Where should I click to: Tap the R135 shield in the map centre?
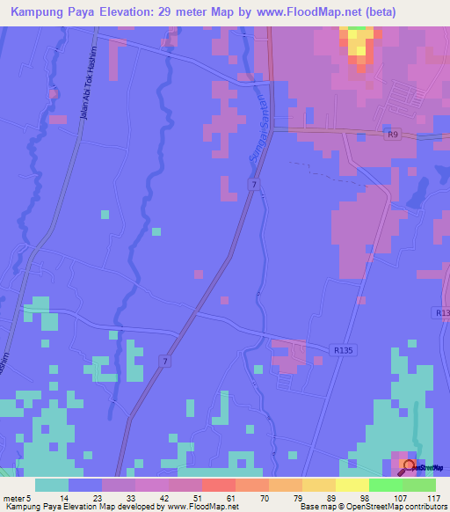344,349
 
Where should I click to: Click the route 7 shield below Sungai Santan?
253,184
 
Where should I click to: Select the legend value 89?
327,497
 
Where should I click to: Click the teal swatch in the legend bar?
52,485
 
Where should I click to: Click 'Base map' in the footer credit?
316,507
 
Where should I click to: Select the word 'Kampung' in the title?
40,12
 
